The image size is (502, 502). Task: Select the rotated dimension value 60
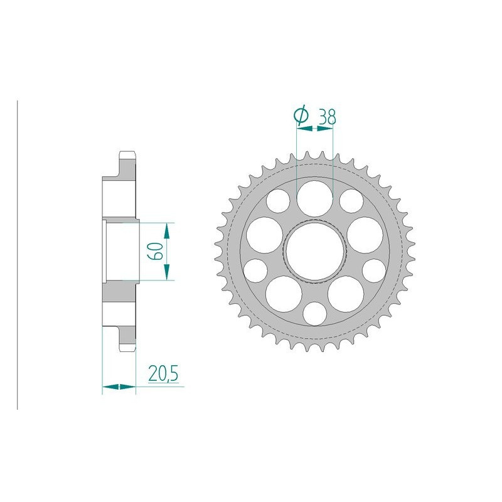click(156, 251)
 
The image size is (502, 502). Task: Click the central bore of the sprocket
click(314, 251)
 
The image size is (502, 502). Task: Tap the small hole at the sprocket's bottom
click(314, 312)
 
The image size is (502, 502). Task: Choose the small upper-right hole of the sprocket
click(351, 202)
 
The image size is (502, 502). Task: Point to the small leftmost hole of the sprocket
click(255, 270)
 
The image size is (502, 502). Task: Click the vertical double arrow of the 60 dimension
click(166, 251)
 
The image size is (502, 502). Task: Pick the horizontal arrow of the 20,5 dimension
click(119, 388)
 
